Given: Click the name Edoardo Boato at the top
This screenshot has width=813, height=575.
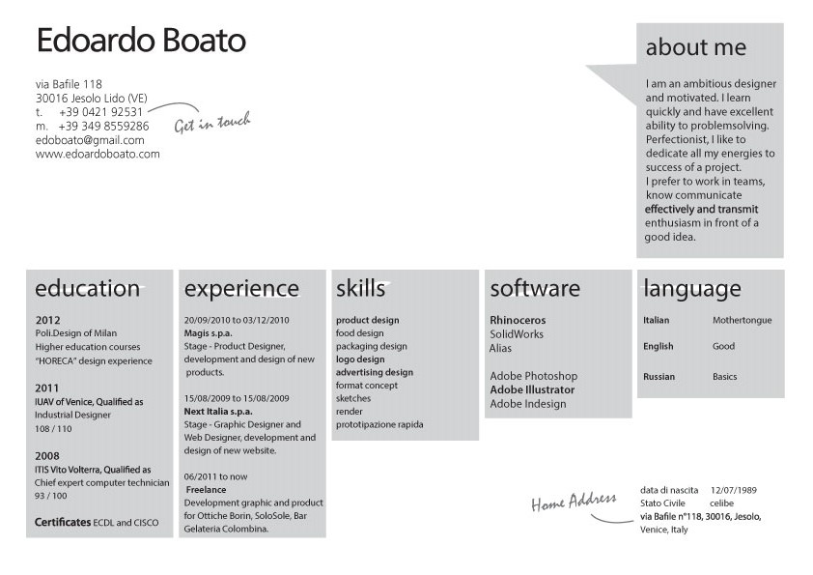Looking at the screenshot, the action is (x=141, y=41).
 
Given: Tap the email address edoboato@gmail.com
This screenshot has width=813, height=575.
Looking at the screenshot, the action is (x=90, y=140).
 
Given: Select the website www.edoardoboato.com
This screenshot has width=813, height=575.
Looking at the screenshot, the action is (x=98, y=154).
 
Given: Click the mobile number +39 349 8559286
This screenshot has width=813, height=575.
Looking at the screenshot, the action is (x=103, y=126).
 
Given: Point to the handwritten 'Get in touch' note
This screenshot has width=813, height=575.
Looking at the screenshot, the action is (x=212, y=123).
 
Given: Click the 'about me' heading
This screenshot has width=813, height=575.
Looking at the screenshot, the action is (x=696, y=47).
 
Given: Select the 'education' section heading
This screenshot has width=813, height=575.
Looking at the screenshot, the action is (x=87, y=289).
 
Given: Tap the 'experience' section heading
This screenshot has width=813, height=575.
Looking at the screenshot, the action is (x=241, y=289).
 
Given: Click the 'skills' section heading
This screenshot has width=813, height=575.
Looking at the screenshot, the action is (x=360, y=289).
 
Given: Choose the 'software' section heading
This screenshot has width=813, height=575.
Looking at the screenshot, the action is (x=535, y=289).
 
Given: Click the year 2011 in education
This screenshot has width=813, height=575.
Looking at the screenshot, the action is (x=46, y=388).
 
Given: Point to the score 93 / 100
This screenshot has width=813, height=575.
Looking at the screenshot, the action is (x=51, y=496).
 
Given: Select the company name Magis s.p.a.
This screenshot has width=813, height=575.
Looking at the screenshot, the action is (x=208, y=333).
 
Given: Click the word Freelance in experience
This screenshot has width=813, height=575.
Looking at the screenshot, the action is (x=206, y=489).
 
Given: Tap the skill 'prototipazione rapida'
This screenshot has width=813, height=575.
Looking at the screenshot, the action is (x=379, y=424).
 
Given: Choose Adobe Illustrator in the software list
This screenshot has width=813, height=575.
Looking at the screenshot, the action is (x=532, y=389).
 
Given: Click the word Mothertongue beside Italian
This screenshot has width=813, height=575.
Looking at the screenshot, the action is (x=742, y=320).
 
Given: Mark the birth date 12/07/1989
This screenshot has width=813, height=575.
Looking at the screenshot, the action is (x=734, y=490).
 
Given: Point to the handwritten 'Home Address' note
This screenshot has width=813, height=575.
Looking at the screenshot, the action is (x=574, y=502).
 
